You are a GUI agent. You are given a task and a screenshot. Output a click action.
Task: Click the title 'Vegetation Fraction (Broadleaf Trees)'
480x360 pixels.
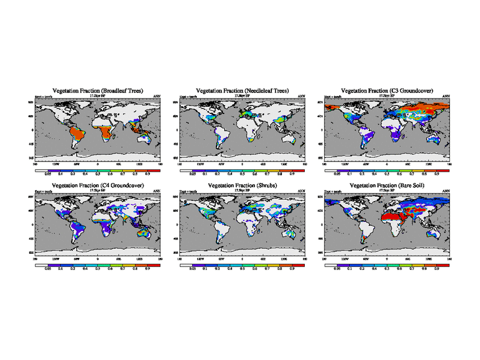click(x=97, y=90)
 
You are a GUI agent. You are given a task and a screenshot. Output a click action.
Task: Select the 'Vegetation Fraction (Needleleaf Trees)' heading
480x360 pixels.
click(x=242, y=90)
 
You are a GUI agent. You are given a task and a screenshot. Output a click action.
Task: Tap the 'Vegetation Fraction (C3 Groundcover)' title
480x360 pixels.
click(x=387, y=90)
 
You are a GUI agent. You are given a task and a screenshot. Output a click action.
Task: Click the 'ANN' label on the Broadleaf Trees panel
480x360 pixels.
click(x=157, y=96)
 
